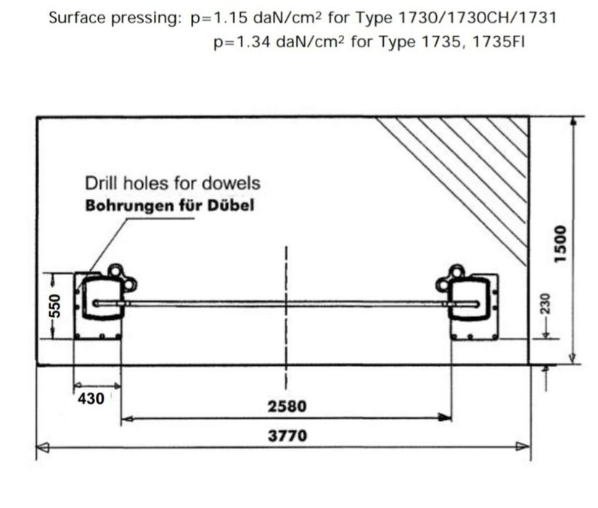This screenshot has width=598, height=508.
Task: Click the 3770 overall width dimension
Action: coord(287,436)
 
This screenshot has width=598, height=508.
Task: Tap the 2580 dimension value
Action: coord(287,406)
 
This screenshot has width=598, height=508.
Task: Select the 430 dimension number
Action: coord(91,399)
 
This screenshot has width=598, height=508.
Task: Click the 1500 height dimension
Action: coord(560,244)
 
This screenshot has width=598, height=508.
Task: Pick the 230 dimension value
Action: coord(546,303)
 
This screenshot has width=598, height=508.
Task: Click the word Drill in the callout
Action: coord(101,184)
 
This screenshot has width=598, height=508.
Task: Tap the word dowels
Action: coord(231,184)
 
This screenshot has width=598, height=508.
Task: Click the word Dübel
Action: coord(231,205)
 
